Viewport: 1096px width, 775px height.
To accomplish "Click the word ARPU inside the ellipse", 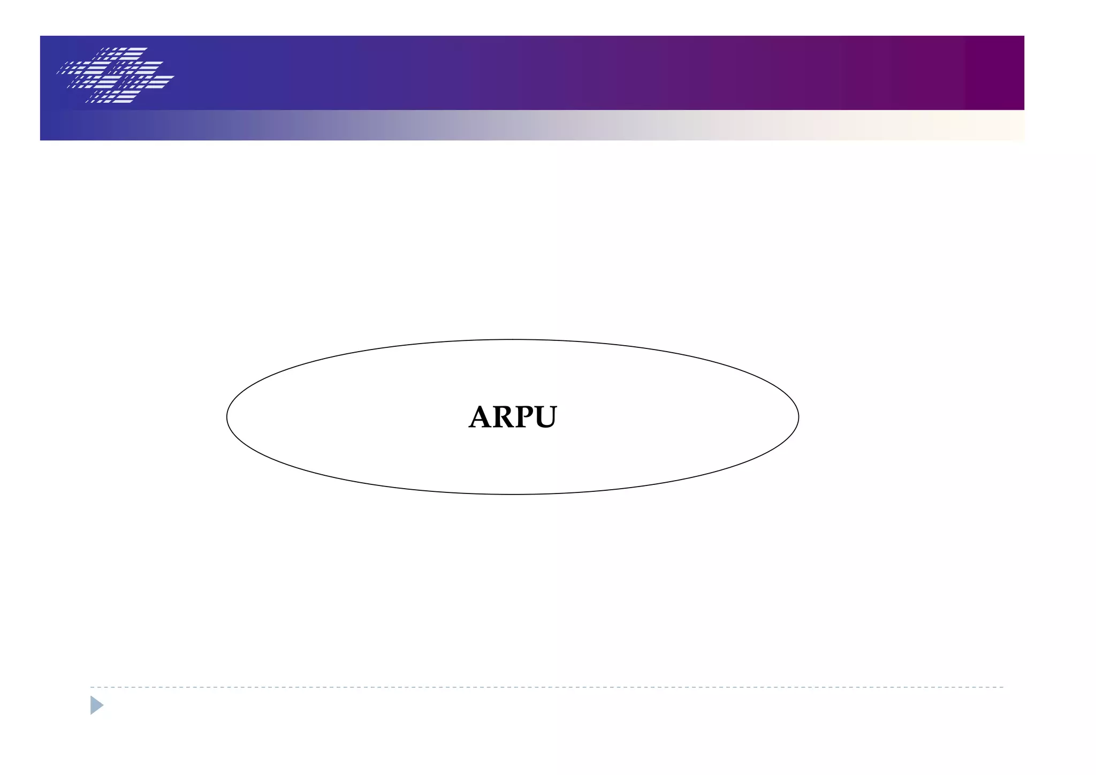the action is click(513, 417).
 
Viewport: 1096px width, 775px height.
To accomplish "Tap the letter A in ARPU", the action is click(481, 417).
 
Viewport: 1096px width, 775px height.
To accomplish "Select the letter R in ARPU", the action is click(504, 417).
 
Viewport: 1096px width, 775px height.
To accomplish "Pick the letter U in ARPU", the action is click(544, 418).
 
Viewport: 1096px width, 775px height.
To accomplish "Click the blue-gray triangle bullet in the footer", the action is click(96, 705).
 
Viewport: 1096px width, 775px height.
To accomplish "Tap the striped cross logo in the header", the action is click(116, 75).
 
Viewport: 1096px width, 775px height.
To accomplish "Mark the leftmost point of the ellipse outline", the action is click(227, 417).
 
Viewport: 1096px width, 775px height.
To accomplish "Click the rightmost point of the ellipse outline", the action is click(798, 417).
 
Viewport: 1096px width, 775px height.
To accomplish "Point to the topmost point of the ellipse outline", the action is click(513, 339).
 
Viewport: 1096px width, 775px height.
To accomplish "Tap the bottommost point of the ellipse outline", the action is click(513, 494).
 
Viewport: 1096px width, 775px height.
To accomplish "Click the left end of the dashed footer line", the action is click(92, 687).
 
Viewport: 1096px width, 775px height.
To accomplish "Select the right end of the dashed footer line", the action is click(1002, 687).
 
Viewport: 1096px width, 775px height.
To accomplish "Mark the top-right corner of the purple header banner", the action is click(1023, 36).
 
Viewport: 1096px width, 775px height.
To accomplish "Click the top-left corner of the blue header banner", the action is click(41, 36).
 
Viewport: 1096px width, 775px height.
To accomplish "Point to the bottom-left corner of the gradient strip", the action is click(41, 140).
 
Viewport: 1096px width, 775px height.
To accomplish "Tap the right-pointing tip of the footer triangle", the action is click(103, 705).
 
